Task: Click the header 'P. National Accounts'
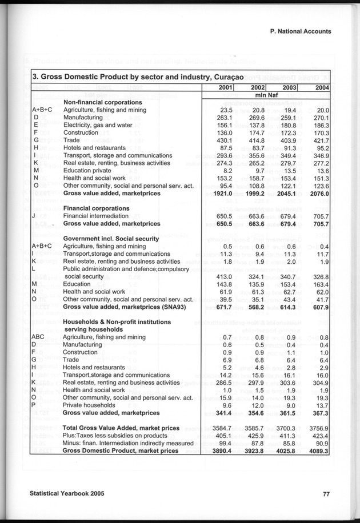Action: [x=301, y=33]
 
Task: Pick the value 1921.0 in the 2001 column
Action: [x=221, y=194]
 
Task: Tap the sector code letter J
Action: [x=35, y=216]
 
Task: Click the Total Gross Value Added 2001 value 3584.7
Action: [x=221, y=428]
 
